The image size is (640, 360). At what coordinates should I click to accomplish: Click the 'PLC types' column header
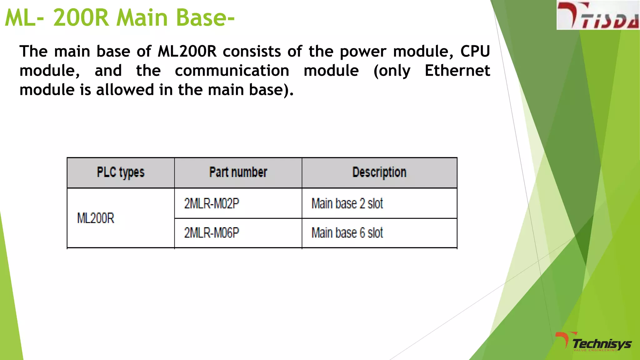[121, 172]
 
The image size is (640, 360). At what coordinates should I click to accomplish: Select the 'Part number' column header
[238, 172]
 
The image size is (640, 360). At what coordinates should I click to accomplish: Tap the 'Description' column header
[379, 172]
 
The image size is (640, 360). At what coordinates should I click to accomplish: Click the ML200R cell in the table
[96, 218]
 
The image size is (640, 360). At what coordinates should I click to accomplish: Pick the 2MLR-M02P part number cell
[212, 203]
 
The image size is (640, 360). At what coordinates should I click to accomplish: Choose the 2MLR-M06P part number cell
[212, 233]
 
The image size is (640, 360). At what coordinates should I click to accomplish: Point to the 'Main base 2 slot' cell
[347, 203]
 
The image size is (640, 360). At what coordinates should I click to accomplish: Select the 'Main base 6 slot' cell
[347, 233]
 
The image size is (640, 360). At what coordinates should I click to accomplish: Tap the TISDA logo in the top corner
[598, 15]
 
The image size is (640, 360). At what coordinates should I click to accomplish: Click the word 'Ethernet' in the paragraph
[457, 71]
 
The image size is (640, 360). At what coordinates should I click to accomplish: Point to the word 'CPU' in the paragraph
[475, 51]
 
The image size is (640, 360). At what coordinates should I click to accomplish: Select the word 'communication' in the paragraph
[232, 71]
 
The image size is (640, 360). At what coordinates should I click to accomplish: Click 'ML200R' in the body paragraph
[187, 51]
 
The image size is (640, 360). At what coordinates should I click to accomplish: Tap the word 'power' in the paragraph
[363, 51]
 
